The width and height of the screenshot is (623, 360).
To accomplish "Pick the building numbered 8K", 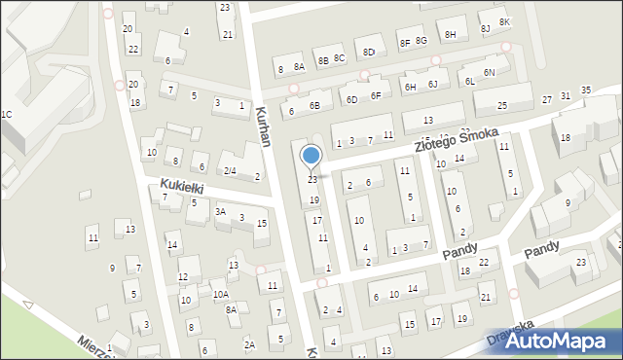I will [x=504, y=22].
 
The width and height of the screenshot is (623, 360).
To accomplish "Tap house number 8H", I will [x=450, y=34].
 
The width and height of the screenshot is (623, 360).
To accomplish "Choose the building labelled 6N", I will [x=490, y=73].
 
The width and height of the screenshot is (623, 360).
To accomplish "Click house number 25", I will [x=502, y=105].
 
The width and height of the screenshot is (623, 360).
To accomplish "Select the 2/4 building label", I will [x=230, y=171].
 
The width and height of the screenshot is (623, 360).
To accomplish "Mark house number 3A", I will [x=221, y=211].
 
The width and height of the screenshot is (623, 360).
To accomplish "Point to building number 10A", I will [x=221, y=294].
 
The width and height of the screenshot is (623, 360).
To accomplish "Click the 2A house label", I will [x=249, y=344].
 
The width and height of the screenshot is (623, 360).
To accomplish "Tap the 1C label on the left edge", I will [x=6, y=115].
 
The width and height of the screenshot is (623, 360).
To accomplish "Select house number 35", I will [x=585, y=90].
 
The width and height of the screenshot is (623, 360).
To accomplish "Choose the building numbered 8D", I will [x=369, y=53].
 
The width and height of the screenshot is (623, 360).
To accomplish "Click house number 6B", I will [x=314, y=105].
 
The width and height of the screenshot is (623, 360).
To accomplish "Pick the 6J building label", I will [x=433, y=85].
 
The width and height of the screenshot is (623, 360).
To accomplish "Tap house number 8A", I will [x=300, y=67].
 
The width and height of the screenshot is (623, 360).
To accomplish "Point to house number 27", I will [x=547, y=98].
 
